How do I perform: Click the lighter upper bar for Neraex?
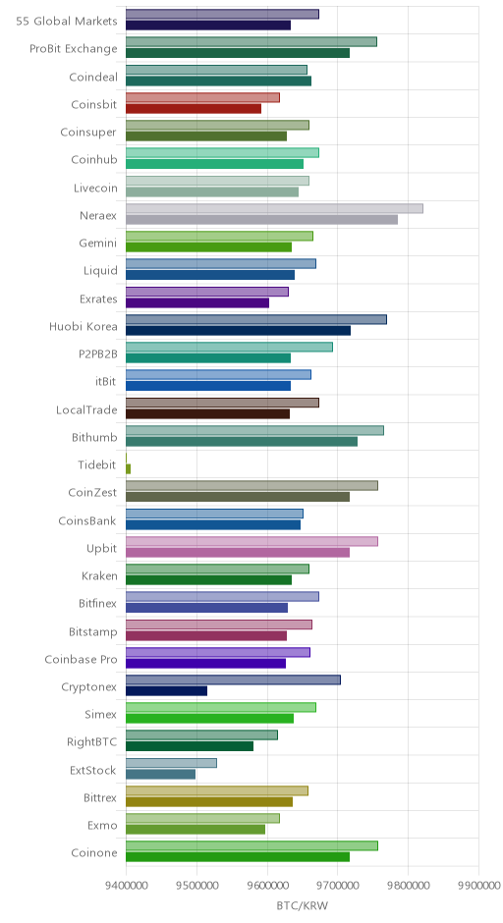pos(274,208)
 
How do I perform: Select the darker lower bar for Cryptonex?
pos(167,691)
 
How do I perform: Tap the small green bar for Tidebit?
pos(129,468)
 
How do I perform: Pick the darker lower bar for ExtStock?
pos(161,774)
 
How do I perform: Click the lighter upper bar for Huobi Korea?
pos(256,319)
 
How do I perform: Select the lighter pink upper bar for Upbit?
pos(252,541)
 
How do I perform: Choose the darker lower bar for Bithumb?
pos(242,442)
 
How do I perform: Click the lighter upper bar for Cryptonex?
pos(233,679)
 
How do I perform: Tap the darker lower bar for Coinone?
pos(238,857)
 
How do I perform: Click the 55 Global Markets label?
pos(67,22)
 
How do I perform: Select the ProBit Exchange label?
pos(74,49)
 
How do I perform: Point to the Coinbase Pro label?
pos(82,659)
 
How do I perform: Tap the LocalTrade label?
pos(86,409)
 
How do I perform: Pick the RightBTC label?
pos(92,742)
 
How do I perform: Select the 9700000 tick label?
pos(338,885)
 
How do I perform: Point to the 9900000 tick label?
pos(478,885)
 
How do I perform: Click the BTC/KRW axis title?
pos(303,905)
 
